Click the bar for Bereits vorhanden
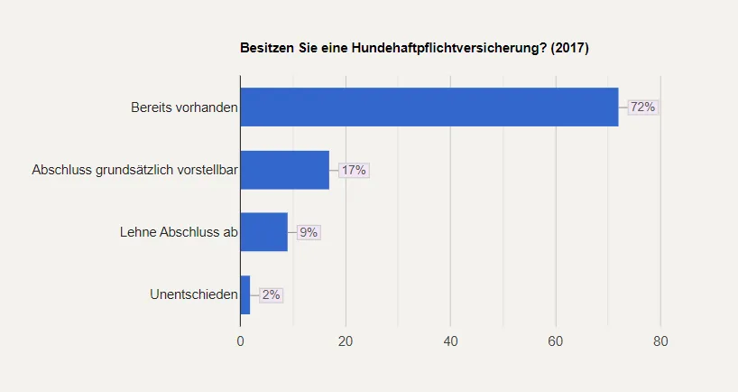click(429, 107)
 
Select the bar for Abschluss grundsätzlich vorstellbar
click(285, 170)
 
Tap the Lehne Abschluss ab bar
click(264, 232)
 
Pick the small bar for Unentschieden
click(245, 294)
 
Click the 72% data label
click(642, 107)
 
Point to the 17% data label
click(354, 170)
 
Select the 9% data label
click(309, 232)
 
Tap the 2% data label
click(272, 294)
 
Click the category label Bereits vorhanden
click(184, 107)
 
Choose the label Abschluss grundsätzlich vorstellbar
click(134, 170)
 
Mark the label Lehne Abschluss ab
click(179, 232)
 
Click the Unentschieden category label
click(194, 294)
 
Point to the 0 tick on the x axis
click(240, 341)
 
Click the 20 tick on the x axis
click(346, 341)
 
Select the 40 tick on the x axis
click(450, 341)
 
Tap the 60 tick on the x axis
click(556, 341)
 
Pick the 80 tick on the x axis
click(660, 341)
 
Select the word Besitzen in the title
click(266, 48)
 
